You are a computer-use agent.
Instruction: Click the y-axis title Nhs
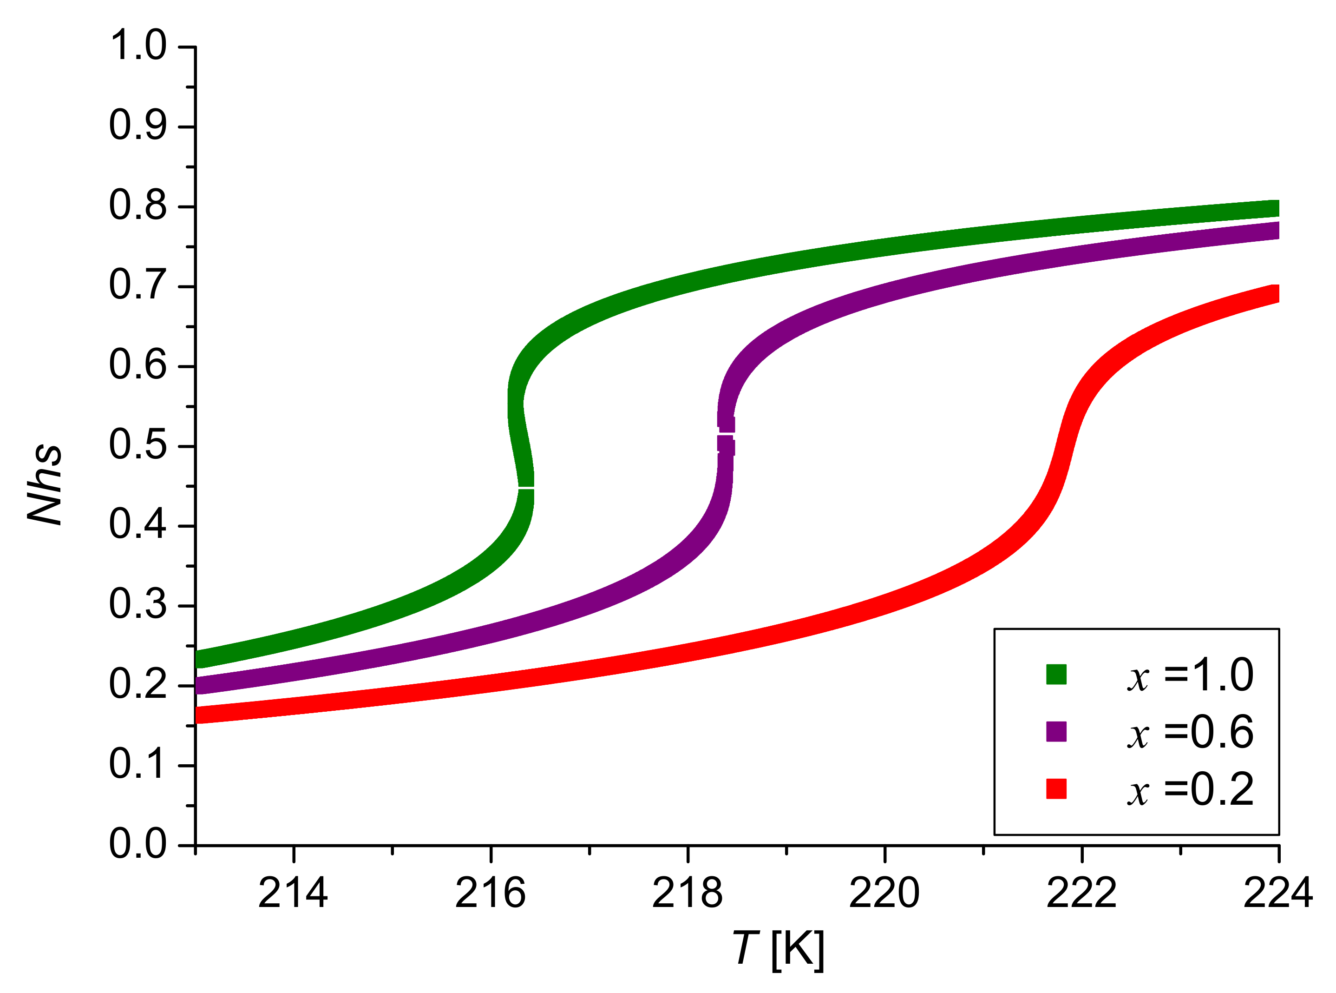tap(45, 485)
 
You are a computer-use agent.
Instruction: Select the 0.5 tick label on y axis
tap(138, 445)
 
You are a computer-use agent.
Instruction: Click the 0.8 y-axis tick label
tap(138, 205)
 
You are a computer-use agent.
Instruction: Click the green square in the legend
tap(1055, 675)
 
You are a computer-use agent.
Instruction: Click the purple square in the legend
tap(1055, 732)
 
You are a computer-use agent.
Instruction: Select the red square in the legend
tap(1055, 788)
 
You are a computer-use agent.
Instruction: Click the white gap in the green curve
tap(526, 488)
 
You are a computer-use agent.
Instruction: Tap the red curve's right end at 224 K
tap(1274, 293)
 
